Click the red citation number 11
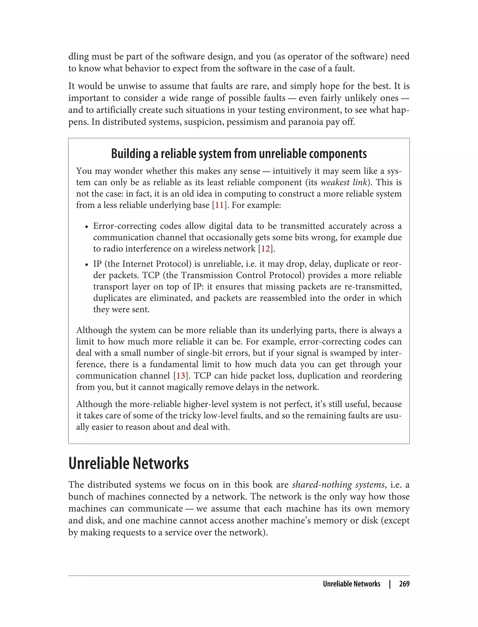point(219,205)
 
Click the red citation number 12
point(265,249)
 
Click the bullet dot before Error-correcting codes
point(87,227)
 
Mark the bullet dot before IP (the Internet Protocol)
point(87,265)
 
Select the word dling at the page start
point(78,57)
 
